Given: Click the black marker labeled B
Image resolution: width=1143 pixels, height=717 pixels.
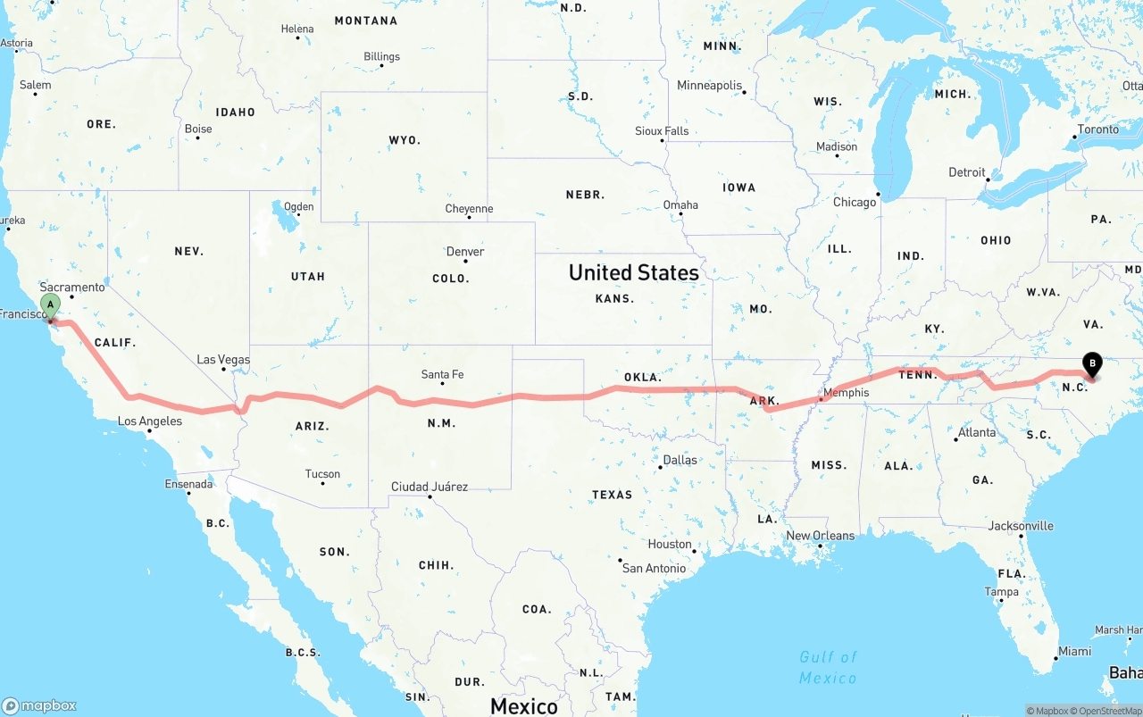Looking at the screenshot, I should [x=1091, y=364].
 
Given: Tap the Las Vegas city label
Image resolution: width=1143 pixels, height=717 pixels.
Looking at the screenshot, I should [x=223, y=360].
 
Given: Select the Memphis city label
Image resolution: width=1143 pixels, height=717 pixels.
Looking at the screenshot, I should [x=846, y=393].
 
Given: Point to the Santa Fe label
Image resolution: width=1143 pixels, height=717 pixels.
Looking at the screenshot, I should [x=442, y=375].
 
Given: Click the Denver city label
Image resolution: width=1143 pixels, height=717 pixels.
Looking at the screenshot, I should [x=465, y=252].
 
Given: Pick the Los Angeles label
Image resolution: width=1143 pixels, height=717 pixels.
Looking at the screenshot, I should [x=150, y=421].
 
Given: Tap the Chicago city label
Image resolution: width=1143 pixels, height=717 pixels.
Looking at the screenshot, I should [x=855, y=203].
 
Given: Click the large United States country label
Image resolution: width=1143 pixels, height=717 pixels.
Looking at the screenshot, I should [x=634, y=272].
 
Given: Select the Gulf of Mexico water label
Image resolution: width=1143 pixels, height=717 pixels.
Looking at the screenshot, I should [x=828, y=667].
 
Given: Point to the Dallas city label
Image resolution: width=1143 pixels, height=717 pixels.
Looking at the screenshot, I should [x=680, y=461].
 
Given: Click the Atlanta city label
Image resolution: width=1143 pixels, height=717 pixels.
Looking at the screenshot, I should [x=976, y=433].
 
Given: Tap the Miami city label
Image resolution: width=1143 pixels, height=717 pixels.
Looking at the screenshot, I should [x=1074, y=652].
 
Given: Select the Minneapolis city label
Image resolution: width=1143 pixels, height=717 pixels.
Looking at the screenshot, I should [x=710, y=86].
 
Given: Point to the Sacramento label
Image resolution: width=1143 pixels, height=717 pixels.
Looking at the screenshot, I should [x=72, y=288].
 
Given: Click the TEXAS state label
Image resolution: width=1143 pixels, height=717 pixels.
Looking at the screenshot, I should [x=612, y=495].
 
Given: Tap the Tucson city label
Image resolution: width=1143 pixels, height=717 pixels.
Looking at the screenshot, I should [x=322, y=474].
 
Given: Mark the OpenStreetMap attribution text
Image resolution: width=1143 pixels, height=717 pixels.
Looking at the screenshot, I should [x=1110, y=711].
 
